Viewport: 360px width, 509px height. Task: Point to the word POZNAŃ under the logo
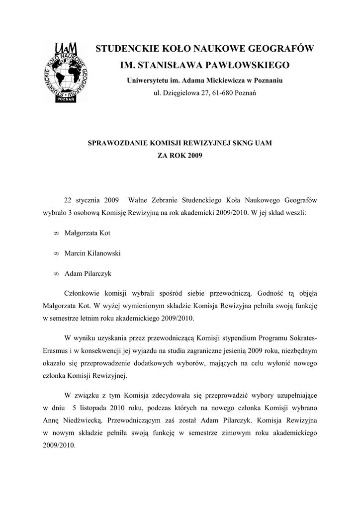click(x=66, y=99)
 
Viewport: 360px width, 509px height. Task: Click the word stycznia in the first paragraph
click(x=89, y=200)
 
